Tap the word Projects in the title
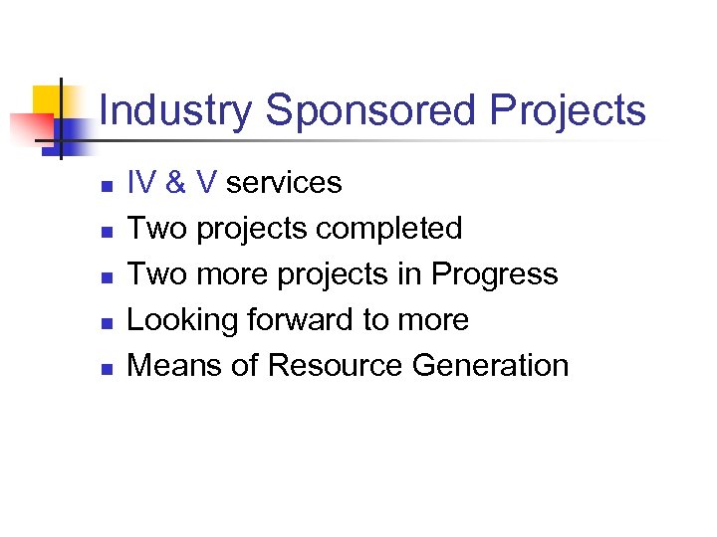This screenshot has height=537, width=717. [568, 110]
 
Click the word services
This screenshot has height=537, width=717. [284, 183]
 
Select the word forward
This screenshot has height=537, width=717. [310, 320]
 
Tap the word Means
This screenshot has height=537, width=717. [172, 366]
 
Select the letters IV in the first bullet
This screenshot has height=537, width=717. [142, 183]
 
